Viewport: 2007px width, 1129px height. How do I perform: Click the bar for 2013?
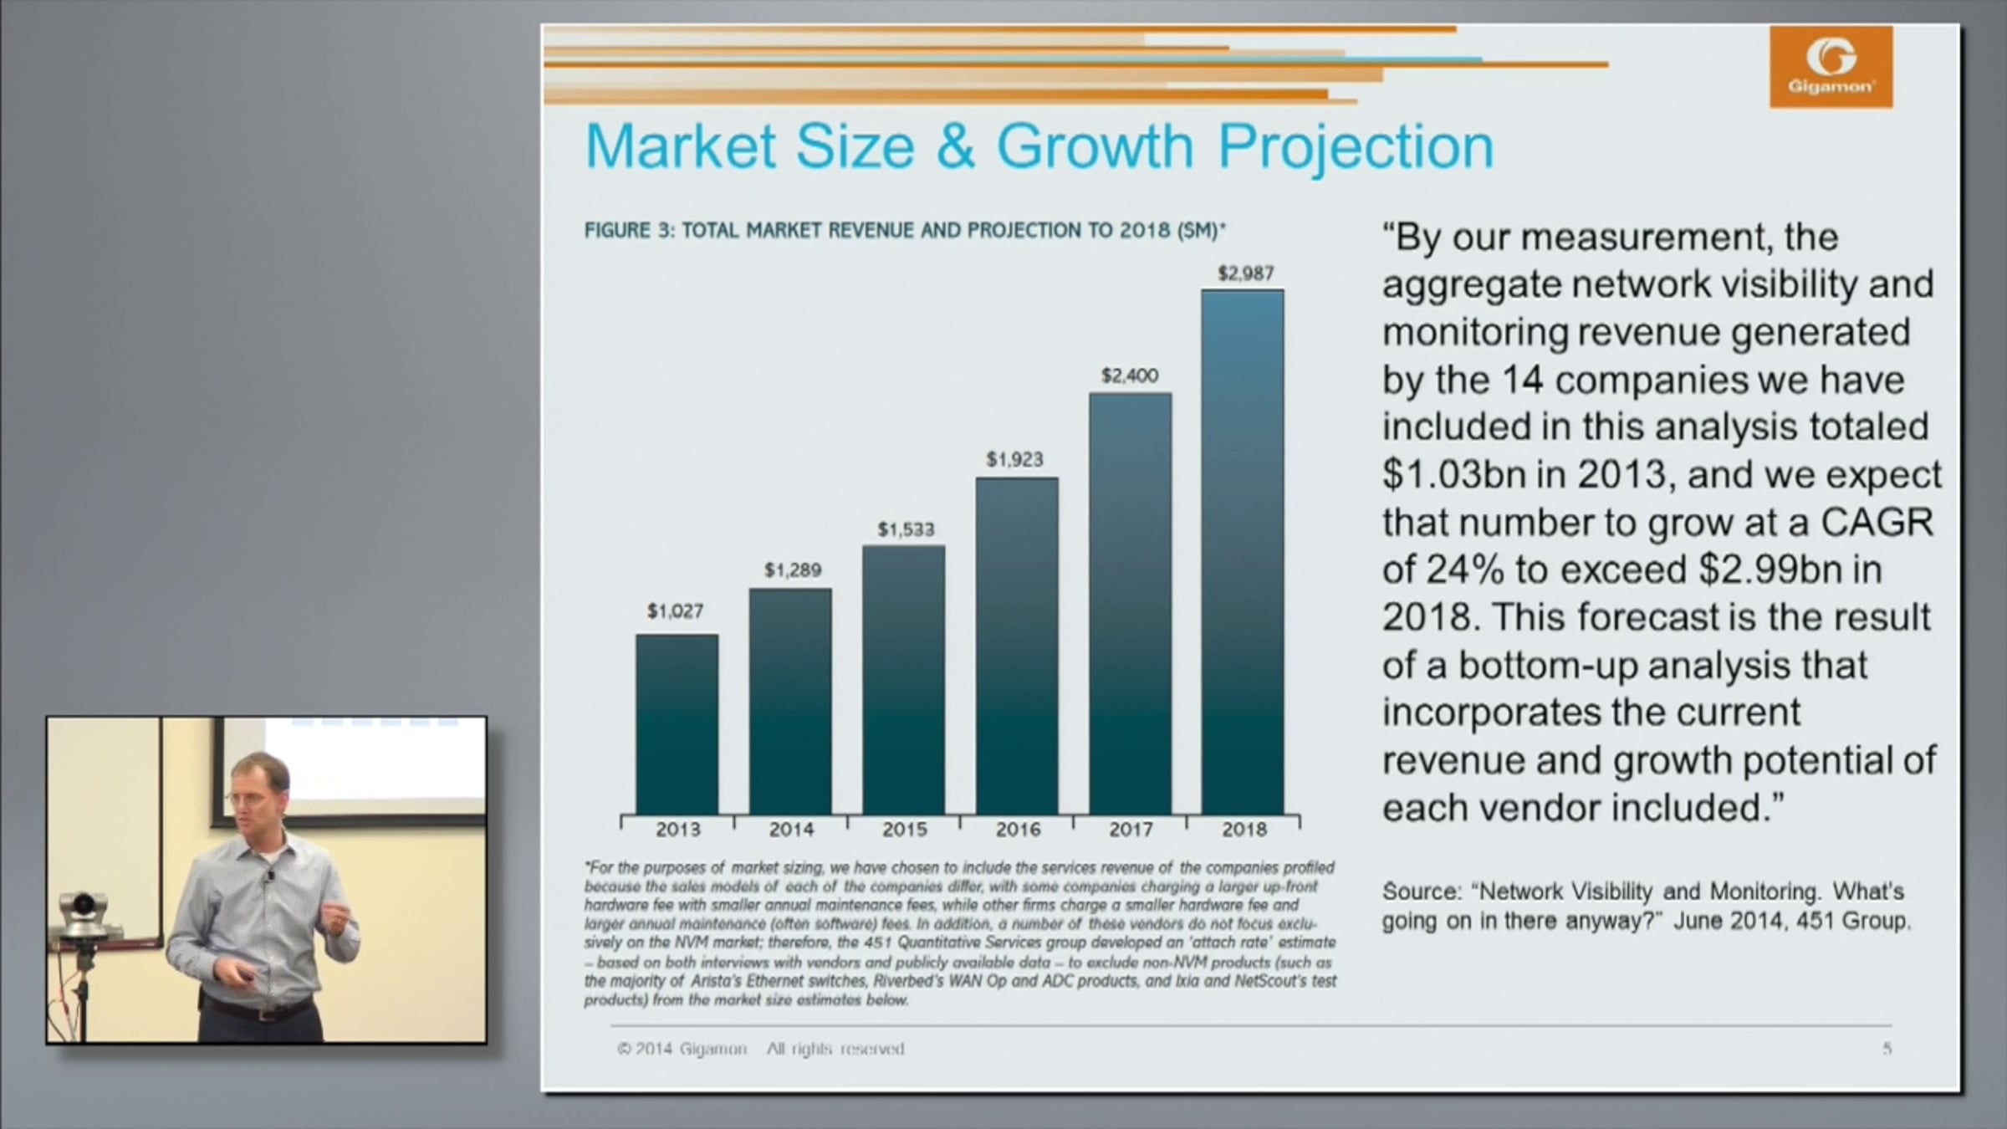677,723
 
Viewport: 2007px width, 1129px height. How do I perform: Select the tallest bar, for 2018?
1243,552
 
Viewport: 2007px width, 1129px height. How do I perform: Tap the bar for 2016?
1017,646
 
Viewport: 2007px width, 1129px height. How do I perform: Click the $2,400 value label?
1130,375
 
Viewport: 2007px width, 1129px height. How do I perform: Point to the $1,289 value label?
793,570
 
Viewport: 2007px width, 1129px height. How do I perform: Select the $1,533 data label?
906,529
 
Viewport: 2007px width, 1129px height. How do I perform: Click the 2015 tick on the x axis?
905,830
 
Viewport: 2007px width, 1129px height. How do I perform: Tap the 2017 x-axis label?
1131,830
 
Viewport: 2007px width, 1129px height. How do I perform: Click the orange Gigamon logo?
1831,67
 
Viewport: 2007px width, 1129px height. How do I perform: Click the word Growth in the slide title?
1095,146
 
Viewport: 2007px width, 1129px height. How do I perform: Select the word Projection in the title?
1356,146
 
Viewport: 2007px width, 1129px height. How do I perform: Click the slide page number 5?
1887,1049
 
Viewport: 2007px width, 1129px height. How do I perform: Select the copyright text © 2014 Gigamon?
682,1049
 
